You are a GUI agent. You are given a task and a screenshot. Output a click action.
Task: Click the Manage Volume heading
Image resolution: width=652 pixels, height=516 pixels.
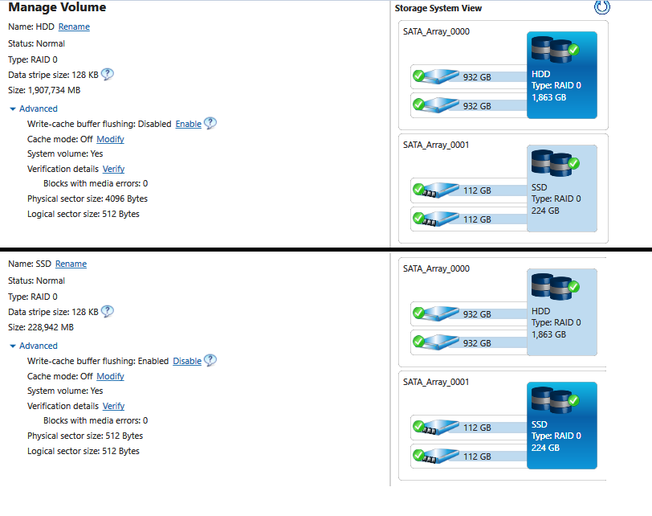click(x=57, y=7)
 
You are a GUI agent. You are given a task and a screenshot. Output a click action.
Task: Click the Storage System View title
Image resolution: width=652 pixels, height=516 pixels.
click(x=438, y=8)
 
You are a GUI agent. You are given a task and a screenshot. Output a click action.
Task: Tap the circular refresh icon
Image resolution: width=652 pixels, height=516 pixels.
click(x=601, y=7)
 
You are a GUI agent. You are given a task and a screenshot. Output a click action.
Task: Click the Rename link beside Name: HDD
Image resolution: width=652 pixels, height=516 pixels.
click(x=74, y=27)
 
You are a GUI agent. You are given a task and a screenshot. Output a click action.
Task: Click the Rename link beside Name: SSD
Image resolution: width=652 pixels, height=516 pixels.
click(x=71, y=264)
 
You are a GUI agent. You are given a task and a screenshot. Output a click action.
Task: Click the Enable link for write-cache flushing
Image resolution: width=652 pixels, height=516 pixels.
click(x=189, y=124)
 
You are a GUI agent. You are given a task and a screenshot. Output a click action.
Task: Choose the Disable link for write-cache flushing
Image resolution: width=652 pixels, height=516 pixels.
click(x=187, y=361)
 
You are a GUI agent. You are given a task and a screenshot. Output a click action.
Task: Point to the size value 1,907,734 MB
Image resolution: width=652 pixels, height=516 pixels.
click(x=54, y=90)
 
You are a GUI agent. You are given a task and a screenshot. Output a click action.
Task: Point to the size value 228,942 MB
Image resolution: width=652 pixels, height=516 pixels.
click(x=51, y=327)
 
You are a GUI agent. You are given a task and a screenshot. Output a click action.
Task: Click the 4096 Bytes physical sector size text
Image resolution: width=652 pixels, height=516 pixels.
click(x=126, y=199)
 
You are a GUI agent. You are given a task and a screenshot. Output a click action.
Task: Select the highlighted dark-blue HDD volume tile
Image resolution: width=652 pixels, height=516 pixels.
click(x=562, y=75)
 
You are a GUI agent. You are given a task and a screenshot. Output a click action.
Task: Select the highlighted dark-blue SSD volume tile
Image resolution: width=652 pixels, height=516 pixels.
click(x=562, y=425)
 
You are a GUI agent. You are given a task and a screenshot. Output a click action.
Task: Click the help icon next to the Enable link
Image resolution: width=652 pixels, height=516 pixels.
click(x=210, y=123)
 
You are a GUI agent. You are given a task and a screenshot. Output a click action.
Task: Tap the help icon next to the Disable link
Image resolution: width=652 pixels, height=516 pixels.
click(x=210, y=360)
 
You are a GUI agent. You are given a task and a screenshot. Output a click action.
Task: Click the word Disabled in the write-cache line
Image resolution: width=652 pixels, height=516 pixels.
click(x=155, y=124)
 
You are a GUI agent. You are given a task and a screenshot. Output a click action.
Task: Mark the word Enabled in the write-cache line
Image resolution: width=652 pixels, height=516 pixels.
click(x=153, y=361)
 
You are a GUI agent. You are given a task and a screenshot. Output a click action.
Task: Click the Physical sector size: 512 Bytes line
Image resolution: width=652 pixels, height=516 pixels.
click(x=85, y=436)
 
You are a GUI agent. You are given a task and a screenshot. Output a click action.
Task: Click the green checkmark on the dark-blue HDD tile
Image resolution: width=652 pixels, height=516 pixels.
click(x=574, y=50)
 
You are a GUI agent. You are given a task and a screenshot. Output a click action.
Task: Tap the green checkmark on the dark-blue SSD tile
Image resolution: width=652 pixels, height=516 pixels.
click(x=574, y=400)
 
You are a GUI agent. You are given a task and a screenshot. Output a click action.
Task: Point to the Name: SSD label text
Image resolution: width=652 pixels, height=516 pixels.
click(x=30, y=264)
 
